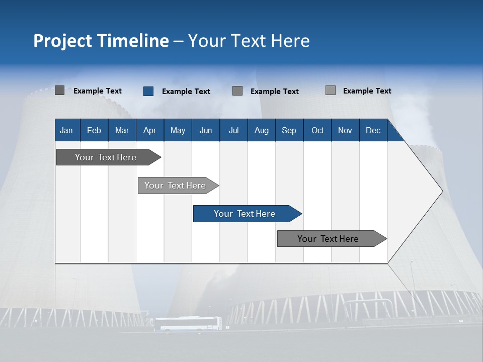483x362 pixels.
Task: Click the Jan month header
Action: pyautogui.click(x=66, y=131)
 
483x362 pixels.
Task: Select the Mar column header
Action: pyautogui.click(x=122, y=131)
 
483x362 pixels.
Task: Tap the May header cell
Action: pyautogui.click(x=178, y=131)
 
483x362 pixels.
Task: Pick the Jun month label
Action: pyautogui.click(x=206, y=131)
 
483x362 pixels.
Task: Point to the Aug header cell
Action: pyautogui.click(x=262, y=131)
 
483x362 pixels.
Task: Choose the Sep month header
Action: pyautogui.click(x=289, y=131)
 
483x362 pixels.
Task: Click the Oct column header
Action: pyautogui.click(x=317, y=131)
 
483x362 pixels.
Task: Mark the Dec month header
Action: pyautogui.click(x=373, y=131)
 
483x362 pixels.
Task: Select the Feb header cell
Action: pyautogui.click(x=94, y=131)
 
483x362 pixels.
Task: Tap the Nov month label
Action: pyautogui.click(x=345, y=131)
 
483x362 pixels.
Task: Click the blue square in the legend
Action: pyautogui.click(x=148, y=91)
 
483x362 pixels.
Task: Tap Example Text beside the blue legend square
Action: pyautogui.click(x=186, y=92)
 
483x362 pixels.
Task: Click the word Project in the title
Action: pyautogui.click(x=63, y=41)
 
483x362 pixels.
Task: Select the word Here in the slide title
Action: pyautogui.click(x=290, y=41)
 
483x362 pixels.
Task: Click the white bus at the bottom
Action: pyautogui.click(x=187, y=324)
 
